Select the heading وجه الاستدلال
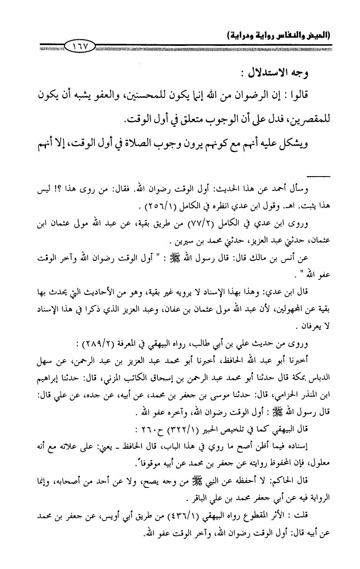tap(281, 74)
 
